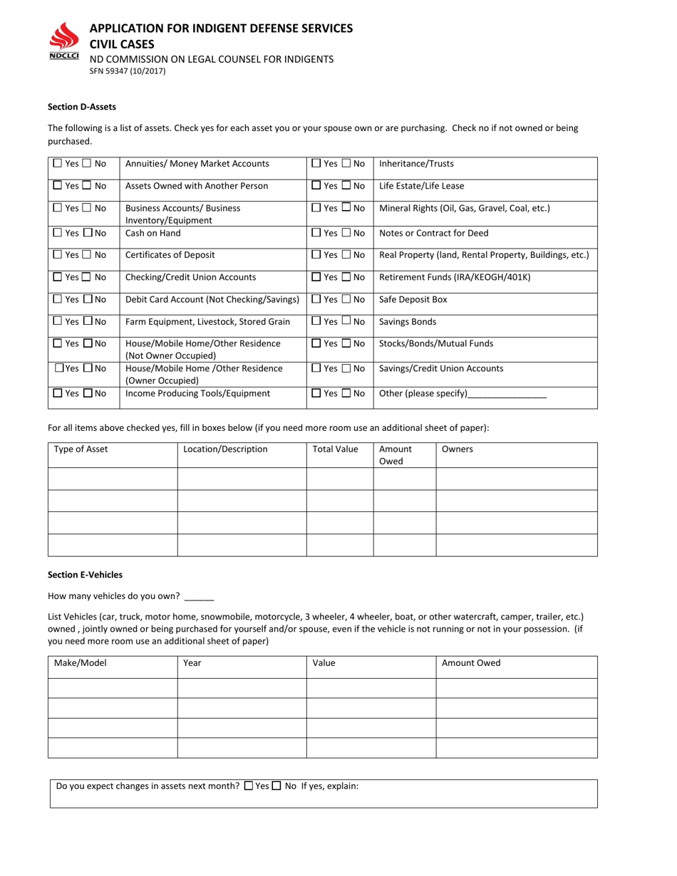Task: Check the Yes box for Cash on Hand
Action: [58, 233]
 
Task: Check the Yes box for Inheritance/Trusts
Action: [316, 163]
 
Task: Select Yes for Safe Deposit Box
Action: [316, 300]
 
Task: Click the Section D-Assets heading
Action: [81, 107]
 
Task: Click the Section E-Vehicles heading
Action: [85, 575]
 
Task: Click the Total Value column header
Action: [335, 449]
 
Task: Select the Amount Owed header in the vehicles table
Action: [471, 663]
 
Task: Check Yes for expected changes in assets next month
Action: [248, 786]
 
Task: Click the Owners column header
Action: [458, 449]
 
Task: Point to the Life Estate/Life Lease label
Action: [421, 186]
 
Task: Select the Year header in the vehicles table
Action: [192, 663]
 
